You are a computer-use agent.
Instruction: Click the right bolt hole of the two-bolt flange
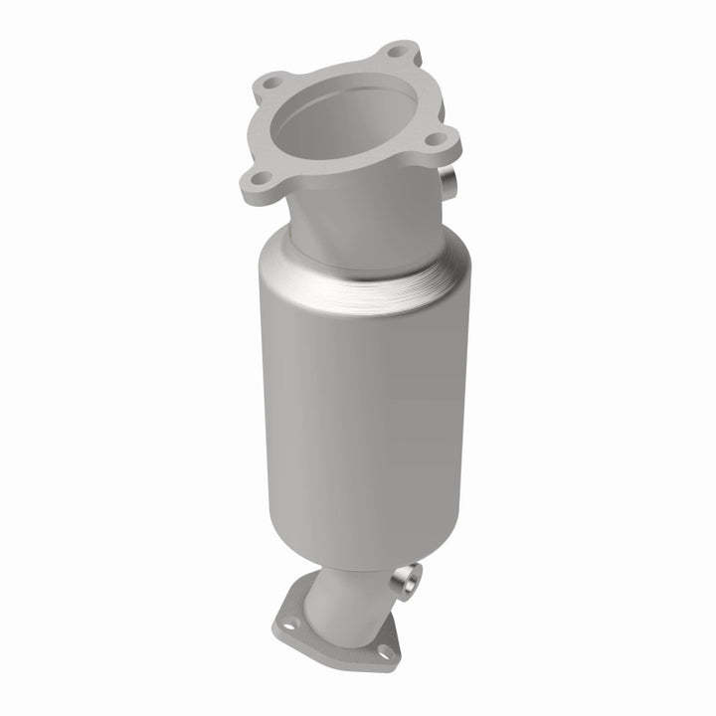383,651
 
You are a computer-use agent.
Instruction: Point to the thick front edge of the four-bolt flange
328,184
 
